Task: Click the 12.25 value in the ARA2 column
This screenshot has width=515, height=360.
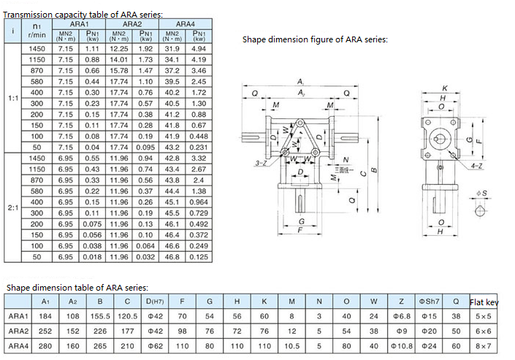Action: tap(118, 48)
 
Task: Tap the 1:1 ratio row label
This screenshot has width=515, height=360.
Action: tap(12, 96)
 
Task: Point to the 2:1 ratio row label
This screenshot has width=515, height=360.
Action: tap(12, 207)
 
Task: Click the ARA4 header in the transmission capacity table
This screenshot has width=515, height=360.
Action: tap(185, 24)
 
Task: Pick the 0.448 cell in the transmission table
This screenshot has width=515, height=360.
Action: tap(198, 136)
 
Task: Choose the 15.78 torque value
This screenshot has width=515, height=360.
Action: tap(118, 70)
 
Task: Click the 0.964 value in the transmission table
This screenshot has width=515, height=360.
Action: tap(198, 202)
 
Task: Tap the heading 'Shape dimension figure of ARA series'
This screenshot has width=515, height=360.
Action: tap(315, 39)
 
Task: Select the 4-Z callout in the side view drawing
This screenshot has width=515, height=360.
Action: tap(477, 166)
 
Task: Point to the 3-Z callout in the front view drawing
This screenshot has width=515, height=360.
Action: tap(261, 164)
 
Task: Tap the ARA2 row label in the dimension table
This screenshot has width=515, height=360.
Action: tap(18, 331)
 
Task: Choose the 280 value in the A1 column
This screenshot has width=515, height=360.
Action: tap(45, 345)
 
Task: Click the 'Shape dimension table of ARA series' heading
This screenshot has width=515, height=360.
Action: tap(77, 288)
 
